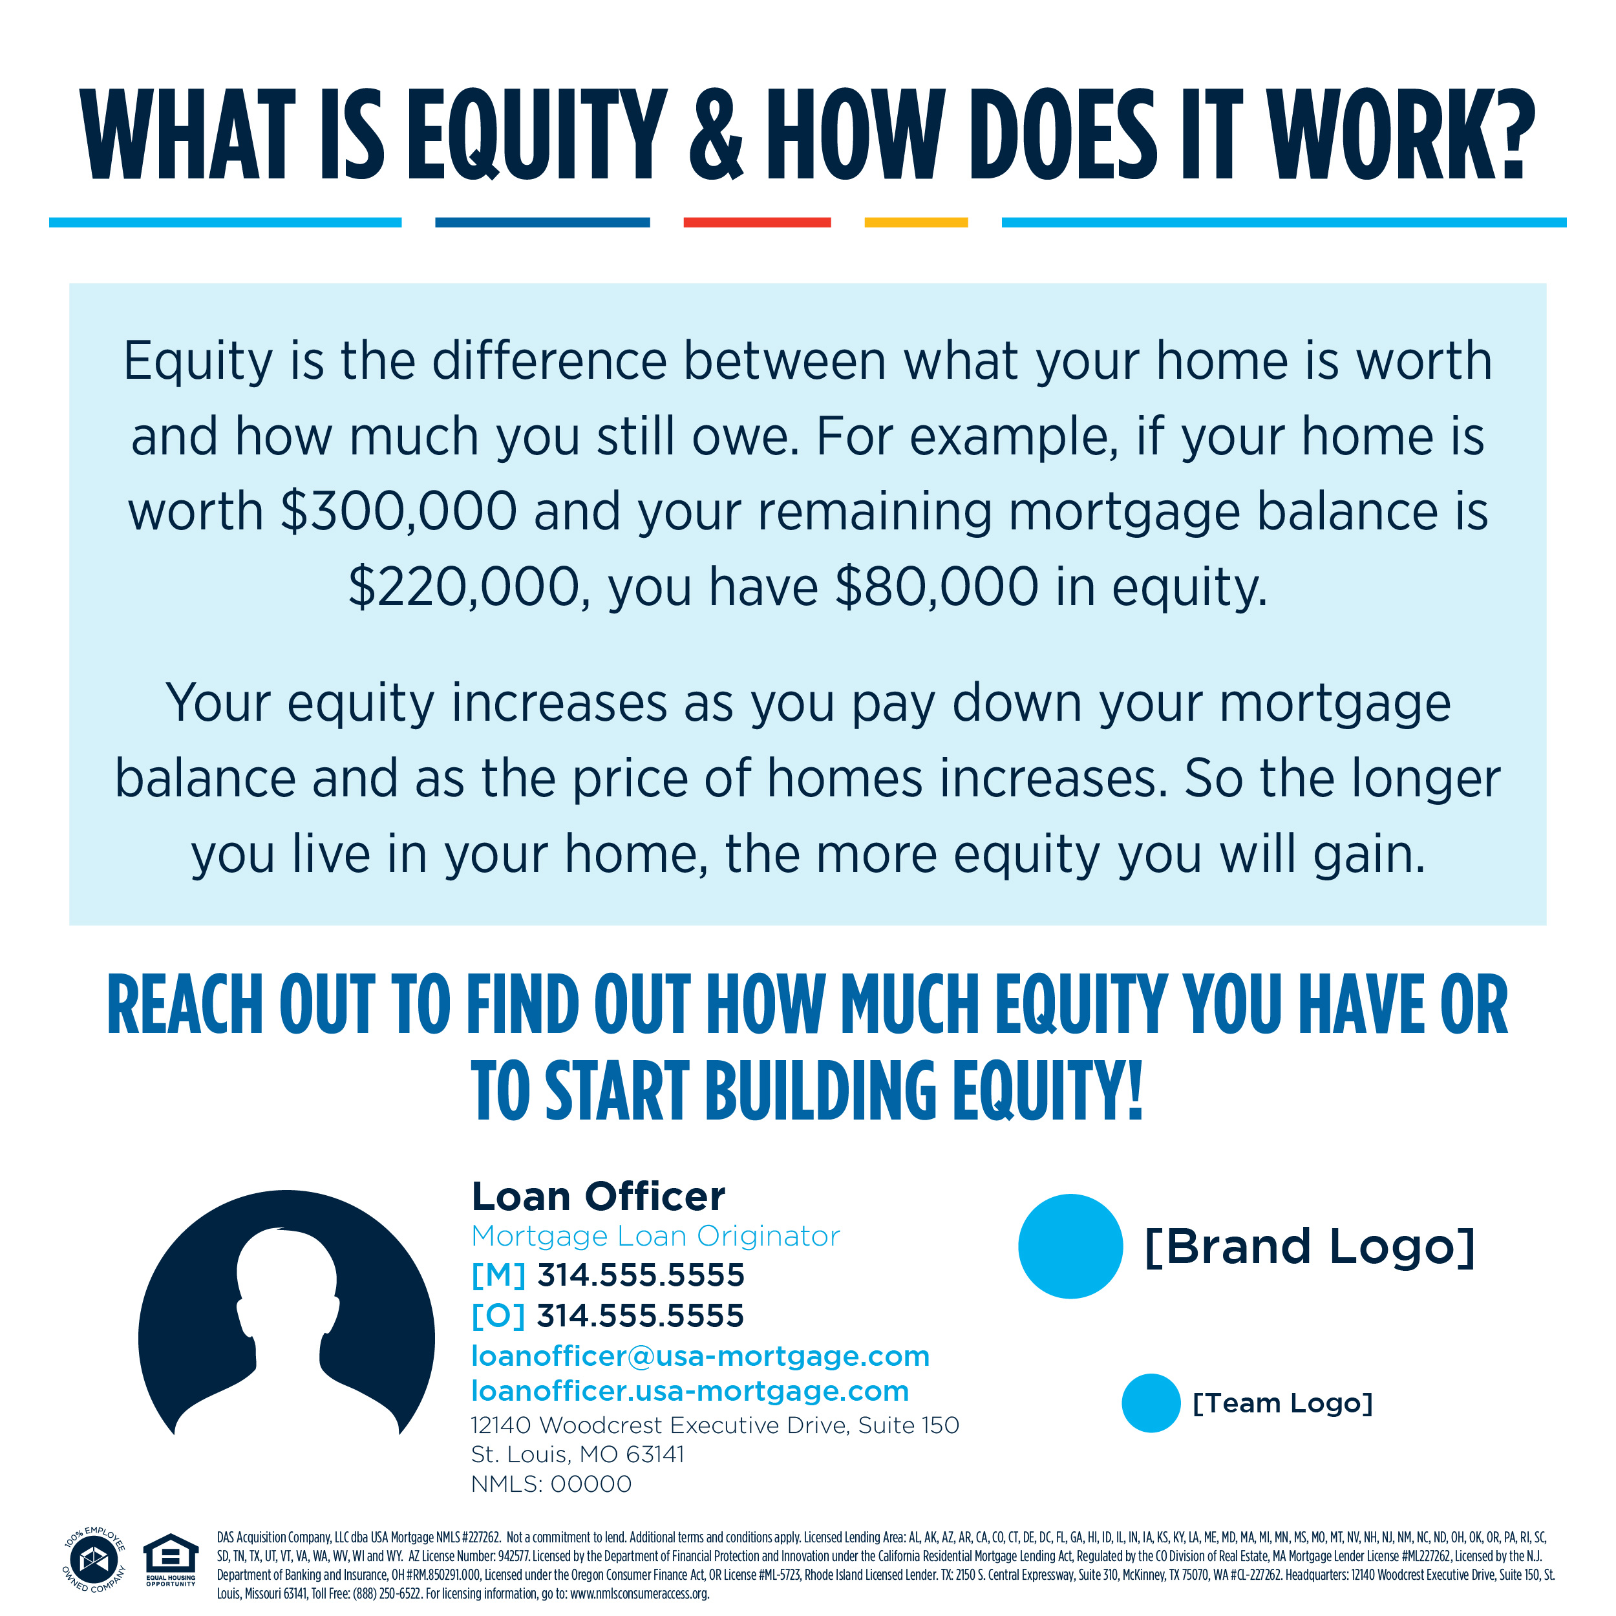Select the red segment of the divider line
coord(757,222)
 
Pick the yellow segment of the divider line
coord(916,222)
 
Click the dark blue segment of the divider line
coord(542,222)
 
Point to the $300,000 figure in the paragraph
coord(398,512)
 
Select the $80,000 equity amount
coord(937,587)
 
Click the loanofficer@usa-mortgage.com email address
coord(701,1357)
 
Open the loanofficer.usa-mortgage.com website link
coord(690,1392)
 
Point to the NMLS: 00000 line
coord(551,1485)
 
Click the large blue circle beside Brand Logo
coord(1070,1246)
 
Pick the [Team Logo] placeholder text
coord(1282,1403)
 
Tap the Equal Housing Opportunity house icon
coord(171,1556)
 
